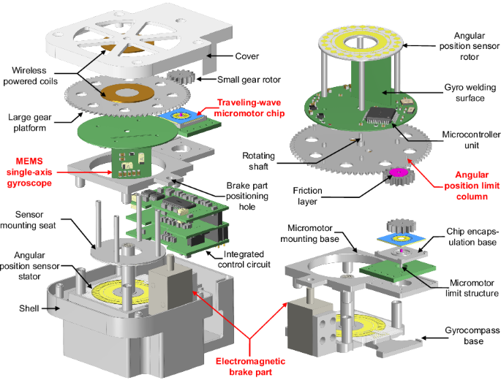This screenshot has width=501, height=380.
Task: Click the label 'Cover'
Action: [246, 56]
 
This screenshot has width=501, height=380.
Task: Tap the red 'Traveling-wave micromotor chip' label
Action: [249, 108]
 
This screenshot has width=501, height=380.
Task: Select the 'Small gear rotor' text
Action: [249, 80]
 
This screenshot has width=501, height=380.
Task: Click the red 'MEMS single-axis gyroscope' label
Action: [29, 172]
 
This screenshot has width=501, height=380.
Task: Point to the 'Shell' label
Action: [29, 308]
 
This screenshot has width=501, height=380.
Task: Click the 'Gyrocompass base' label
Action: [472, 335]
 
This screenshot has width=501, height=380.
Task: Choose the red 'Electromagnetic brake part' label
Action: [250, 367]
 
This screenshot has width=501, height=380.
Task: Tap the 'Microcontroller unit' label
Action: [471, 140]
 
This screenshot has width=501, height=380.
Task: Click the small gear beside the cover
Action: [181, 76]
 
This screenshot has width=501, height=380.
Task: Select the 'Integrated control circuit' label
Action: [244, 259]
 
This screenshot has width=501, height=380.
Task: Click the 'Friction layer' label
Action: [307, 196]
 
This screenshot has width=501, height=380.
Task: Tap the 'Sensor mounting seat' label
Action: [28, 220]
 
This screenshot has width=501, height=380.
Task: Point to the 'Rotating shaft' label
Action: [258, 161]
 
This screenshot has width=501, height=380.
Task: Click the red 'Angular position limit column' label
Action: [472, 186]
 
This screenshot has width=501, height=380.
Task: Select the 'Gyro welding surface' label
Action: [470, 93]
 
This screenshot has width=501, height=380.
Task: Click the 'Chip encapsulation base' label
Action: [472, 237]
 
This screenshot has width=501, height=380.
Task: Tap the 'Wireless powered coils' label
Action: [31, 76]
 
